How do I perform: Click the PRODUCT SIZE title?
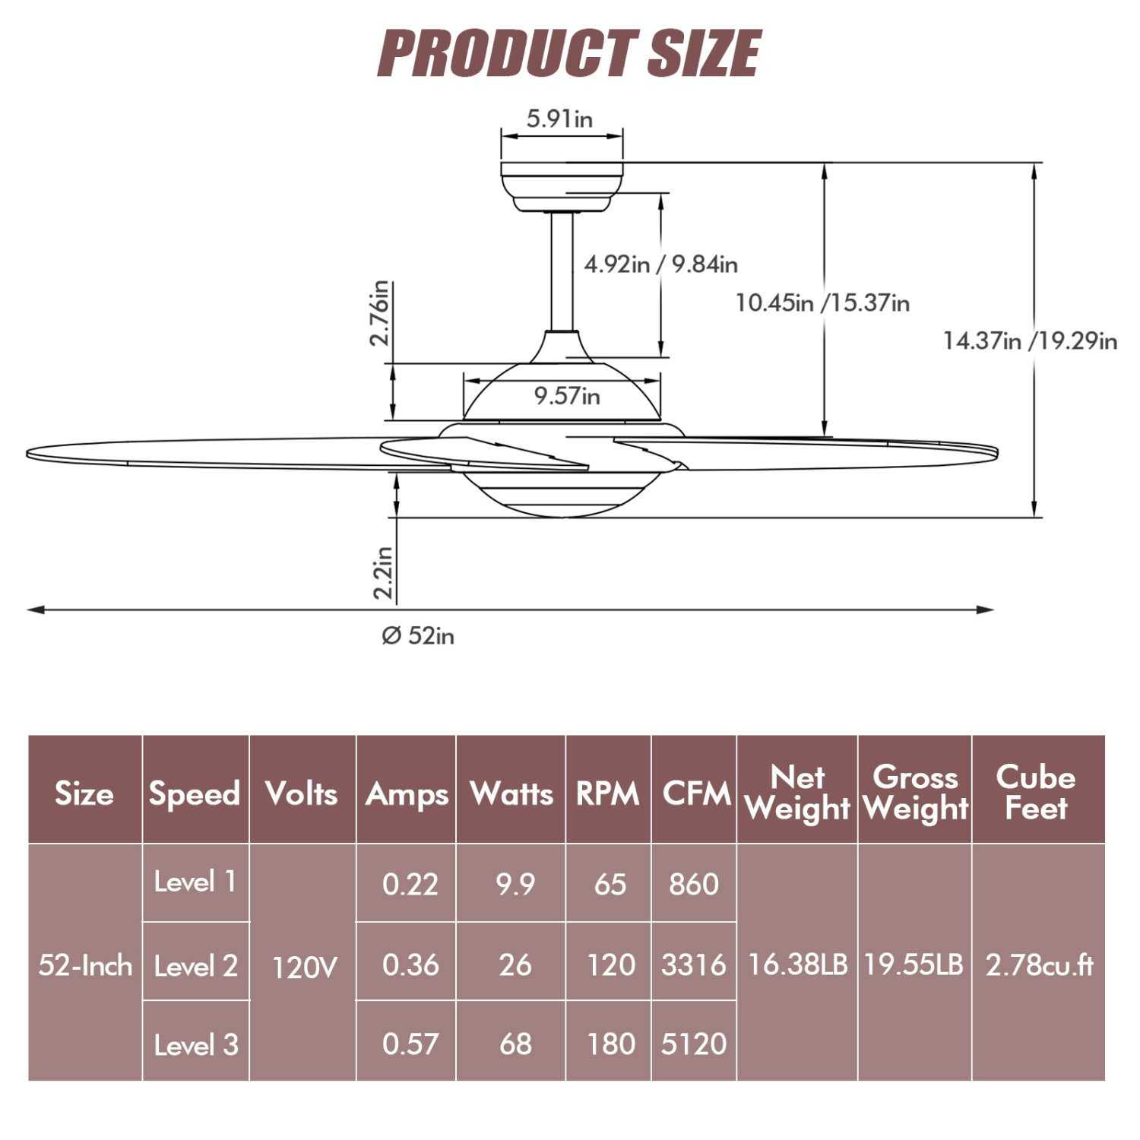(569, 52)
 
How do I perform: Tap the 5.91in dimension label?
(560, 119)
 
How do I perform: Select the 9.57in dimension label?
(567, 395)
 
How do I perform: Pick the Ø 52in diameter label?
(418, 635)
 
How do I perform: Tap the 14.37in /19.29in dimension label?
(1031, 340)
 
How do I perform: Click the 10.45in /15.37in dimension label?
(822, 302)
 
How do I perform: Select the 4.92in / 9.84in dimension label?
(661, 264)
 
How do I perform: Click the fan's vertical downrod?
(562, 271)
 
